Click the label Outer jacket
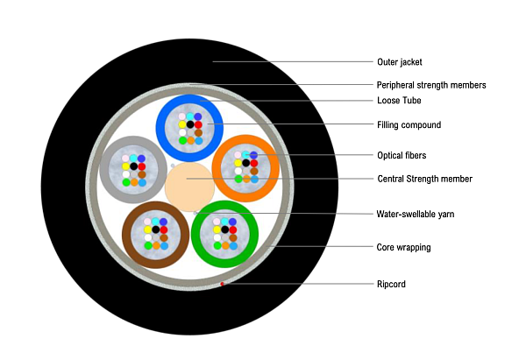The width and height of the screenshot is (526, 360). point(400,62)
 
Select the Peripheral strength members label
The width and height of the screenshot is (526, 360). point(431,85)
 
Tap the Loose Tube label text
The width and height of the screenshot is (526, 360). point(399,101)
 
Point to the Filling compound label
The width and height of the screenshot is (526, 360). point(409,125)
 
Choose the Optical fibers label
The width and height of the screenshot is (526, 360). point(403,155)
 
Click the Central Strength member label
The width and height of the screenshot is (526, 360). point(424,179)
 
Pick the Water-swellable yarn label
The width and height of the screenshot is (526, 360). point(416,214)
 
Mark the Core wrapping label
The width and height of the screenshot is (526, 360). point(403,247)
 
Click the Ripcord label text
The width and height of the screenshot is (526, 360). point(391,284)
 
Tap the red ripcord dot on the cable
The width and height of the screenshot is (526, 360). point(223,284)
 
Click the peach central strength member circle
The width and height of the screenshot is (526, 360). point(189,185)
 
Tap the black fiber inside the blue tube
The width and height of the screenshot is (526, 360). point(190,125)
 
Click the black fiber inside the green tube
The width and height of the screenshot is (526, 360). point(225,229)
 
